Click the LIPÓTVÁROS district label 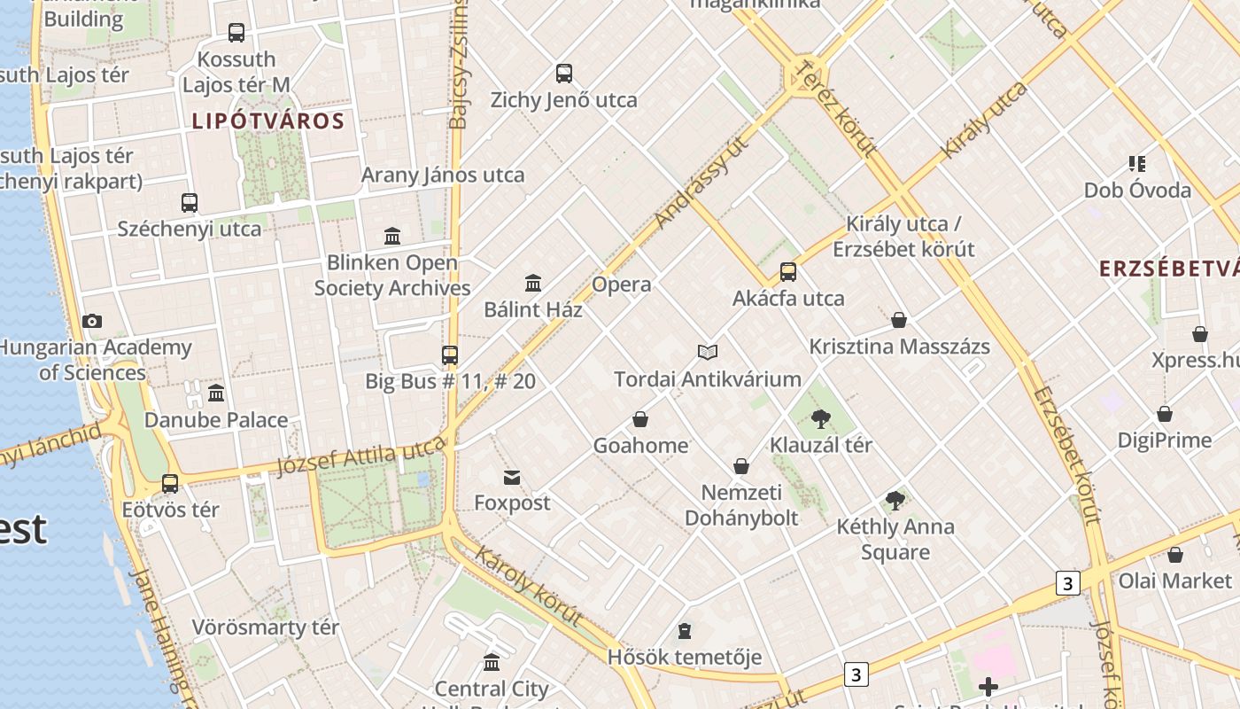pos(267,121)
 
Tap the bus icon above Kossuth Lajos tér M pos(236,33)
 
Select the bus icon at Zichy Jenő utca pos(564,74)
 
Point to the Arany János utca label pos(443,175)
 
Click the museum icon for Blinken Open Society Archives pos(392,236)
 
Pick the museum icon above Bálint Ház pos(533,283)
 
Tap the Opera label pos(621,284)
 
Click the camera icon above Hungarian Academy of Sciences pos(91,321)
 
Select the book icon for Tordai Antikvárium pos(707,353)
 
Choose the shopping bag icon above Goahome pos(640,419)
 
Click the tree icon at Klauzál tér pos(821,418)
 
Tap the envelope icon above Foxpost pos(512,478)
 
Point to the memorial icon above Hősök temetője pos(684,631)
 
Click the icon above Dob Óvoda pos(1137,164)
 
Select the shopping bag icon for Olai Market pos(1175,555)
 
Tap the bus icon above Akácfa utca pos(788,272)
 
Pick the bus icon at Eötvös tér pos(170,484)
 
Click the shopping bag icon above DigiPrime pos(1165,414)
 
